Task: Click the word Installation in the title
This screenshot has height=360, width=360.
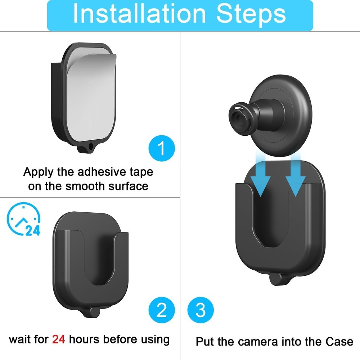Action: (x=137, y=14)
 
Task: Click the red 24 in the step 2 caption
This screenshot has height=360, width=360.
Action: (x=58, y=339)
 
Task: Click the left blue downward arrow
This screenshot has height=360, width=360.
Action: (x=260, y=178)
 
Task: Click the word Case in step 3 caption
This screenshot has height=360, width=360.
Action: (x=339, y=341)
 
